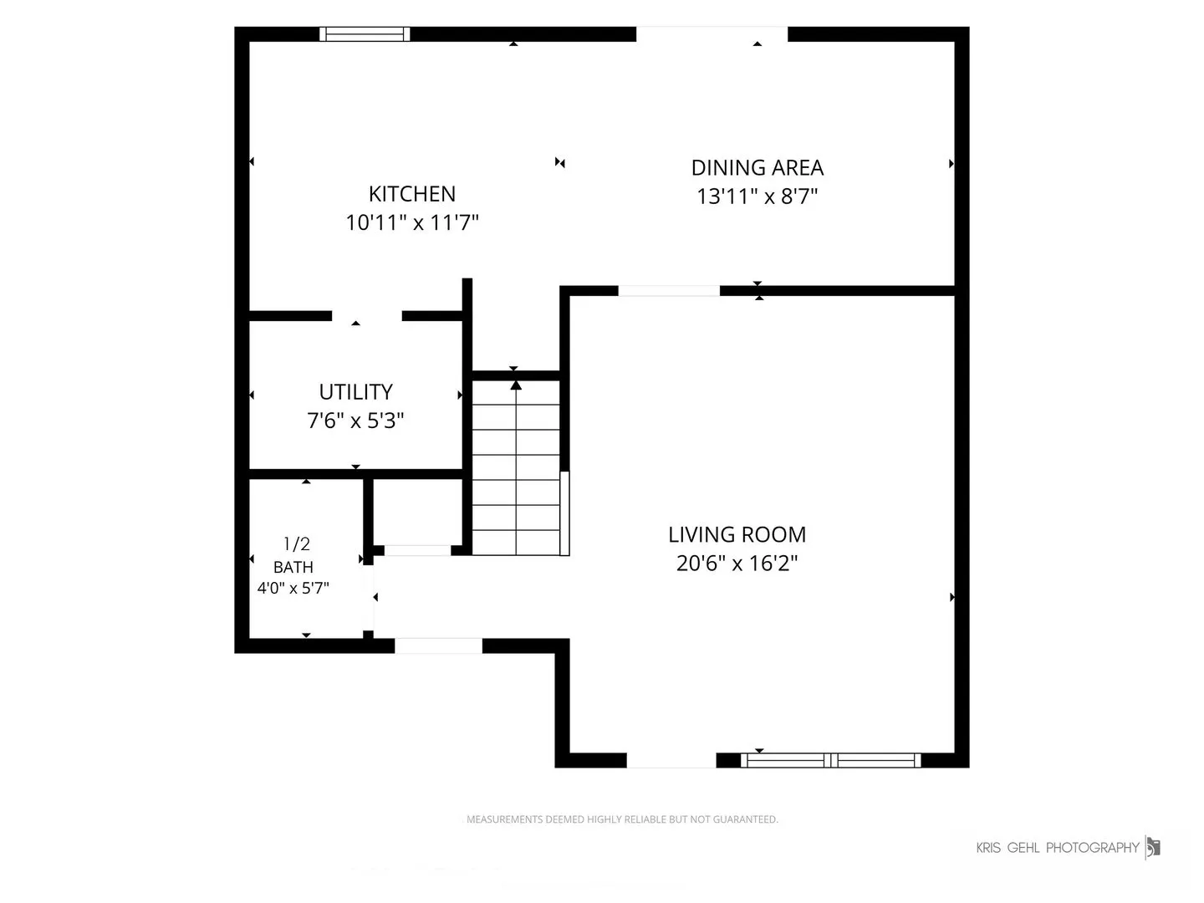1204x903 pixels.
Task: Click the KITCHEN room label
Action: tap(412, 194)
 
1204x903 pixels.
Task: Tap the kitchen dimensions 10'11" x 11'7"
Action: tap(412, 222)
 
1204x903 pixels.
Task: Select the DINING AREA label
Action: tap(757, 168)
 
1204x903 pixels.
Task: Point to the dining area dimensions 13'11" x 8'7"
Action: tap(757, 196)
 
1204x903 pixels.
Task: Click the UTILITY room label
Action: tap(356, 392)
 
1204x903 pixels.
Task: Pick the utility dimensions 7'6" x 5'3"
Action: tap(355, 421)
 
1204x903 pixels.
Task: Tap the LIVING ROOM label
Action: tap(737, 534)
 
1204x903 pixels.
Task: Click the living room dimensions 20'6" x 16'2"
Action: tap(737, 563)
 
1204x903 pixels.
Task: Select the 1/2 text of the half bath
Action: tap(297, 543)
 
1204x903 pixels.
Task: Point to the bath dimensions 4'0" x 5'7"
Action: tap(293, 589)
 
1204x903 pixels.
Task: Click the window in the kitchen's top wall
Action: tap(365, 34)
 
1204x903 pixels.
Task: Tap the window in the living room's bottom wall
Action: tap(830, 761)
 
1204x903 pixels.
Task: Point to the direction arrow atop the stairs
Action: tap(516, 386)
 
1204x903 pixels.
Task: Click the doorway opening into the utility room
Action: tap(367, 316)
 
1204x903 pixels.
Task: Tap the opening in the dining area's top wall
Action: tap(712, 34)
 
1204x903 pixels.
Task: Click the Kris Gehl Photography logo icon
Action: tap(1152, 848)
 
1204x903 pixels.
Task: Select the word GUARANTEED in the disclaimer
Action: tap(745, 819)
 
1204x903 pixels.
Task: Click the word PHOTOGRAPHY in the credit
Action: tap(1093, 848)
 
